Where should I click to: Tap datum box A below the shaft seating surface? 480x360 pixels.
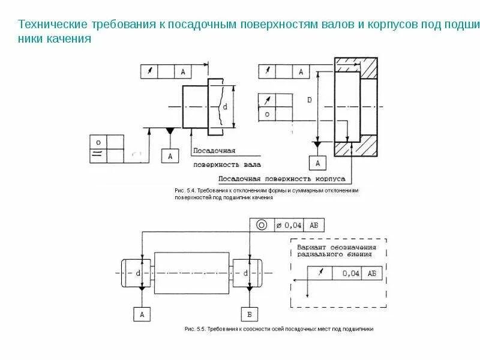[170, 155]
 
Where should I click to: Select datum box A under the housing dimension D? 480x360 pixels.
[318, 163]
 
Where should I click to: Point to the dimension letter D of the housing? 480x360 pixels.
[309, 100]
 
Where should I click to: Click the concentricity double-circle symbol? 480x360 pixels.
[262, 225]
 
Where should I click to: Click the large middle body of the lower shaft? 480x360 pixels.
[193, 272]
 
